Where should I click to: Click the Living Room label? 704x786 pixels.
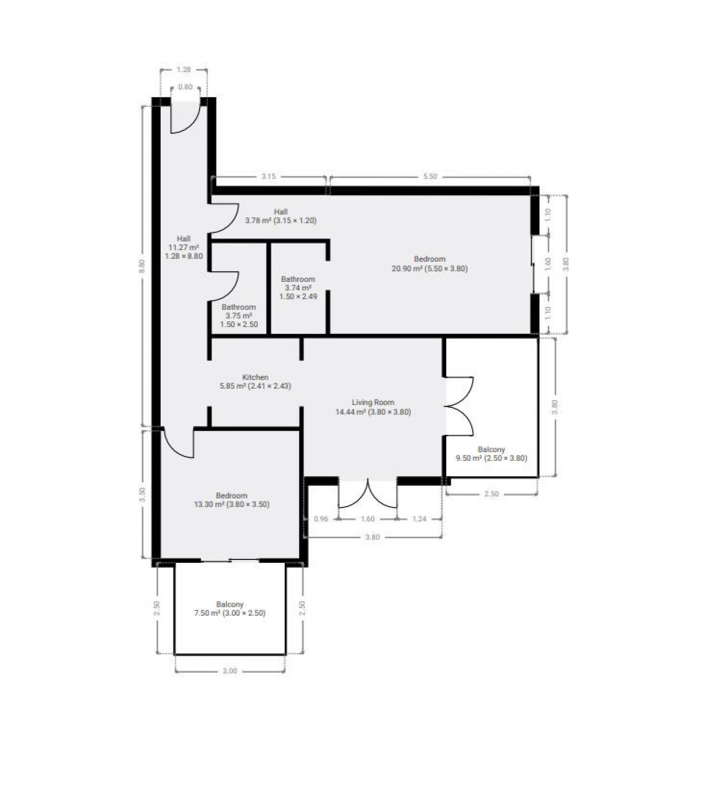click(373, 402)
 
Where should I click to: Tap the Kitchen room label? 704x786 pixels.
click(255, 377)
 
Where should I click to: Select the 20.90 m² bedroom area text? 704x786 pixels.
click(429, 268)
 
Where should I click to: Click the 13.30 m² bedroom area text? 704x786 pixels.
click(232, 505)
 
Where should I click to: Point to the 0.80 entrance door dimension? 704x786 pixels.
click(185, 87)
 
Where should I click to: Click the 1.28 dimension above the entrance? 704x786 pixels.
click(184, 70)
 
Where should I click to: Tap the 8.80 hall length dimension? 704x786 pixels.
click(142, 266)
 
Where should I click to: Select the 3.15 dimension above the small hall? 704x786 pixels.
click(268, 177)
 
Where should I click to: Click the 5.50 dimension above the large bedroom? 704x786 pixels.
click(430, 177)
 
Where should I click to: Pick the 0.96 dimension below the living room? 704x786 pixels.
click(321, 519)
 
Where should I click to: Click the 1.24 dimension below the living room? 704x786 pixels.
click(419, 519)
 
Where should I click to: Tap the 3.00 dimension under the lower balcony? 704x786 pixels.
click(230, 671)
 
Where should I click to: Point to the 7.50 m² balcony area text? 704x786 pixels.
click(230, 613)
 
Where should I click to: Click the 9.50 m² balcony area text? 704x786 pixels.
click(492, 458)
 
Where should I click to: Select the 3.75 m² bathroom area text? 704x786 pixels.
click(239, 316)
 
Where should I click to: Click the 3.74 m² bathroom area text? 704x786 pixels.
click(298, 288)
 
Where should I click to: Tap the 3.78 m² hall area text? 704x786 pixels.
click(281, 221)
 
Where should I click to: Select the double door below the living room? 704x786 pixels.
click(367, 494)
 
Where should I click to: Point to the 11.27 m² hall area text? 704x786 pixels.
click(183, 247)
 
